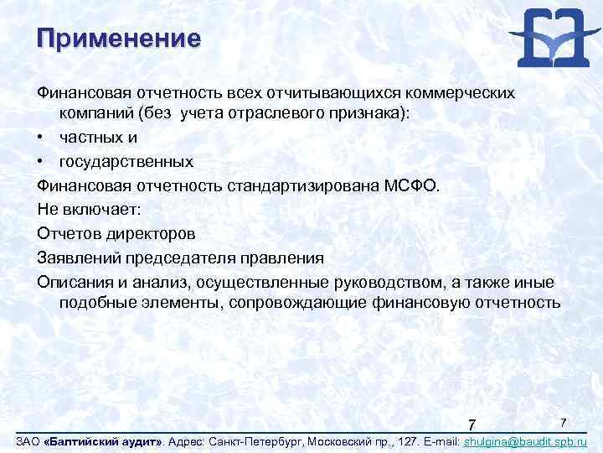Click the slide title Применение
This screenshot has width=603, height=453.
tap(119, 39)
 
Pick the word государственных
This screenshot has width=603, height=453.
tap(126, 161)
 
